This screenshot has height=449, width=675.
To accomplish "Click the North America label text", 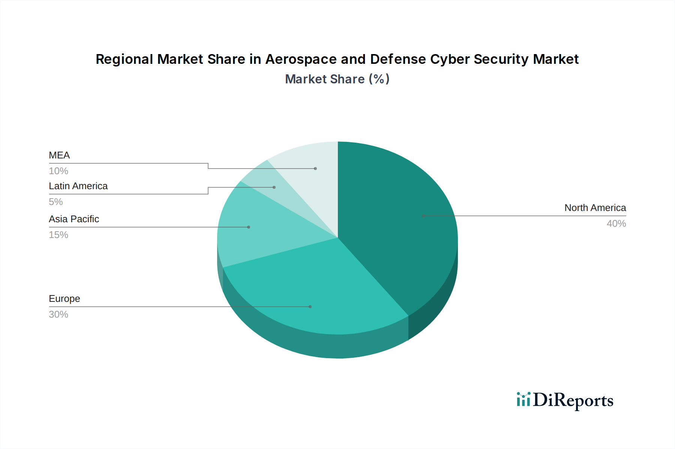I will [595, 208].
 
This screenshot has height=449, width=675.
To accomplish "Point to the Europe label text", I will [64, 298].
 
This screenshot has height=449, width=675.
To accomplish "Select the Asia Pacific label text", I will [74, 219].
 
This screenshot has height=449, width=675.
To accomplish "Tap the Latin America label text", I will [78, 186].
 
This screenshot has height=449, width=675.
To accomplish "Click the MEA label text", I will [59, 155].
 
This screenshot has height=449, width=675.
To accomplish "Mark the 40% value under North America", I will [616, 223].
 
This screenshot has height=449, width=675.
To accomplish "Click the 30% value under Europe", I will [58, 314].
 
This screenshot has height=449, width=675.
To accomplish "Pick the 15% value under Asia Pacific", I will [58, 235].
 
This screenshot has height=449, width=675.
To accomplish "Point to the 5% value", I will [56, 202].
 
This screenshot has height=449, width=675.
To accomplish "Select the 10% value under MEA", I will [58, 171].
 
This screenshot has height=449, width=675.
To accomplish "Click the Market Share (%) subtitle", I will [337, 79].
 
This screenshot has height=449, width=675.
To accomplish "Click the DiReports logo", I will [565, 400].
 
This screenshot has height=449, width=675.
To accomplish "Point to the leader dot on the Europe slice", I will [310, 307].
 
